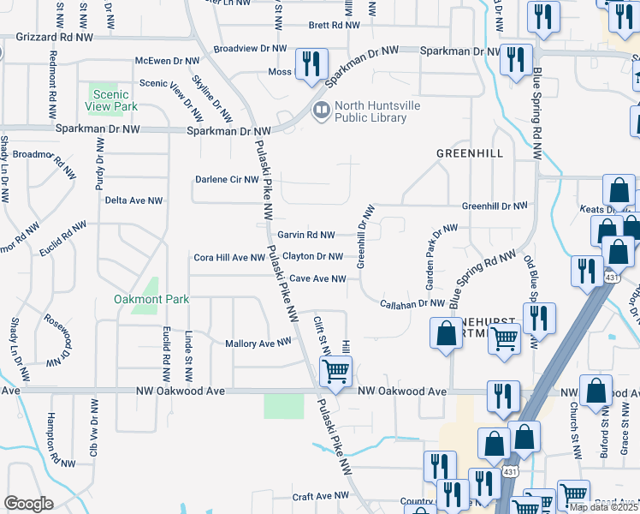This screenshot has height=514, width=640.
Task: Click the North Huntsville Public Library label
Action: point(370,112)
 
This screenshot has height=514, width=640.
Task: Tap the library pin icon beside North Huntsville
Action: point(321,109)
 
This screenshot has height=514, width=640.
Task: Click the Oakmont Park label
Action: point(151,299)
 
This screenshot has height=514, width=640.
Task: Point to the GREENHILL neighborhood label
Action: point(468,152)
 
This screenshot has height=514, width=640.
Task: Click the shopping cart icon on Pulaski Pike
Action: point(335,371)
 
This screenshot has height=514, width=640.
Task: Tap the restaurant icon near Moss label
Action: point(311,63)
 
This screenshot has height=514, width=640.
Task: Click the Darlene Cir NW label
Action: point(227,180)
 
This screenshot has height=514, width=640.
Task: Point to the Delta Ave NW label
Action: point(133,200)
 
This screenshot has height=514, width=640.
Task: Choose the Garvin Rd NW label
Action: point(305,235)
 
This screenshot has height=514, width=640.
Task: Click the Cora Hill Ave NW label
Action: point(229,257)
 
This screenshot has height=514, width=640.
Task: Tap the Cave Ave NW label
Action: point(317,278)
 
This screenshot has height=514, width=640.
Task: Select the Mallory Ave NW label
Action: point(258,343)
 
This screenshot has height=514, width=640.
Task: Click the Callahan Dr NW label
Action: point(412,303)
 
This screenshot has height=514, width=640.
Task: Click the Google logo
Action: point(28,504)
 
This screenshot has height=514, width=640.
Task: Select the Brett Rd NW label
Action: point(334,26)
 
